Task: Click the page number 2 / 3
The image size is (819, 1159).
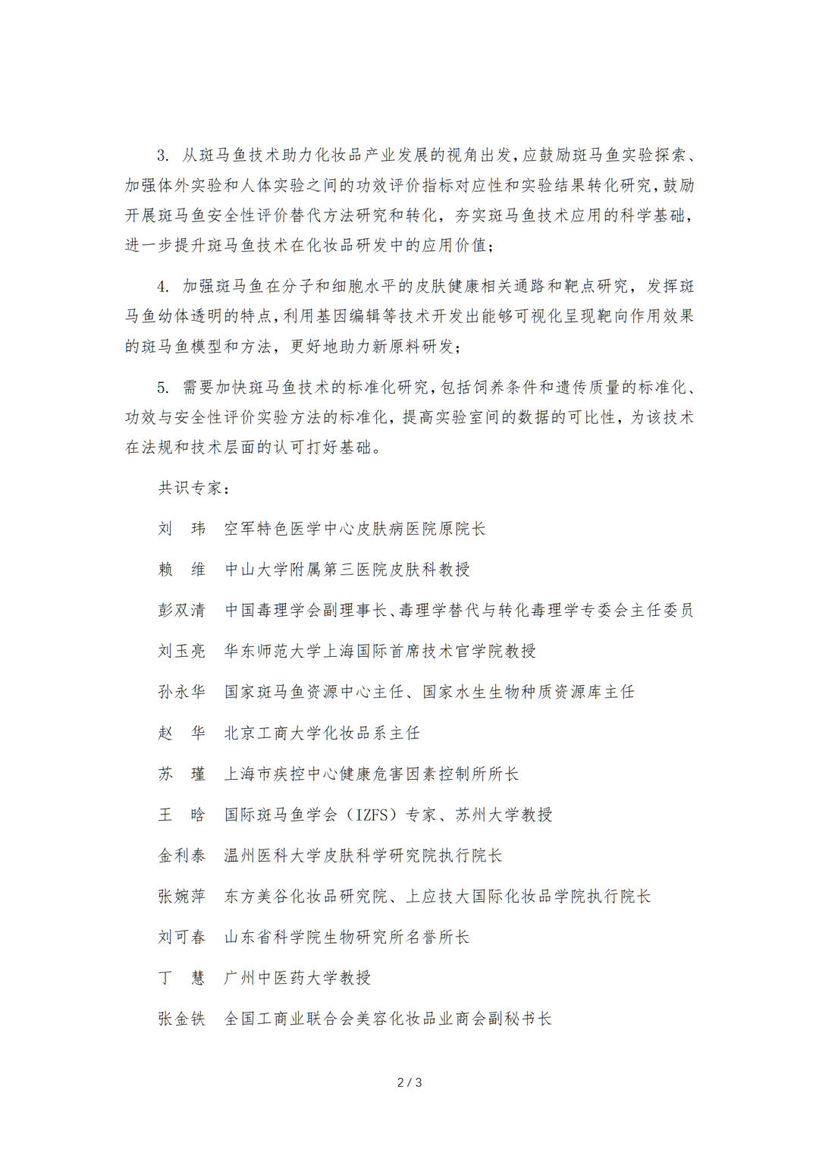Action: [x=409, y=1082]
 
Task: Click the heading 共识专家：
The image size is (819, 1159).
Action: [x=193, y=488]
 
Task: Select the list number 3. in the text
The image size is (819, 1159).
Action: [x=163, y=155]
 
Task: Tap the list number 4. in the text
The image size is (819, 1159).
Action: [x=163, y=287]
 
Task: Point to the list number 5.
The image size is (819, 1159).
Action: [x=163, y=388]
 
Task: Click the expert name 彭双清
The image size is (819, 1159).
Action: [x=182, y=611]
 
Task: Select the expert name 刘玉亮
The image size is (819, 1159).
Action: [x=182, y=651]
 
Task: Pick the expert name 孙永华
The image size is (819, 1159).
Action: [x=182, y=692]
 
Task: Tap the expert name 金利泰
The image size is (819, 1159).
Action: [x=182, y=856]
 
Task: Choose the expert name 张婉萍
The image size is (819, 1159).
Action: [x=182, y=897]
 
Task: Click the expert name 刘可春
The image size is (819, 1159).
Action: [x=182, y=938]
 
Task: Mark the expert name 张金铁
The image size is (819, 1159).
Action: [x=182, y=1019]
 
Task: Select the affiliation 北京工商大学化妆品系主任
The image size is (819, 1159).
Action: [x=322, y=733]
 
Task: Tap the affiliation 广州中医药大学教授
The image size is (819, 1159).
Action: [x=298, y=978]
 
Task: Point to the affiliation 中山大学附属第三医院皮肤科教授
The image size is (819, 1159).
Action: [x=347, y=570]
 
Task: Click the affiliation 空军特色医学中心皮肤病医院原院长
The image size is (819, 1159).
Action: [x=355, y=529]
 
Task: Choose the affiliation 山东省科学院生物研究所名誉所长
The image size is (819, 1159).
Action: [x=347, y=938]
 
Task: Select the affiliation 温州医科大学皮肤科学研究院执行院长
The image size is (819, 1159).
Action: [x=363, y=856]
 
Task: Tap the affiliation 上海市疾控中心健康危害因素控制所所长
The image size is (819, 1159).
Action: [x=372, y=774]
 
